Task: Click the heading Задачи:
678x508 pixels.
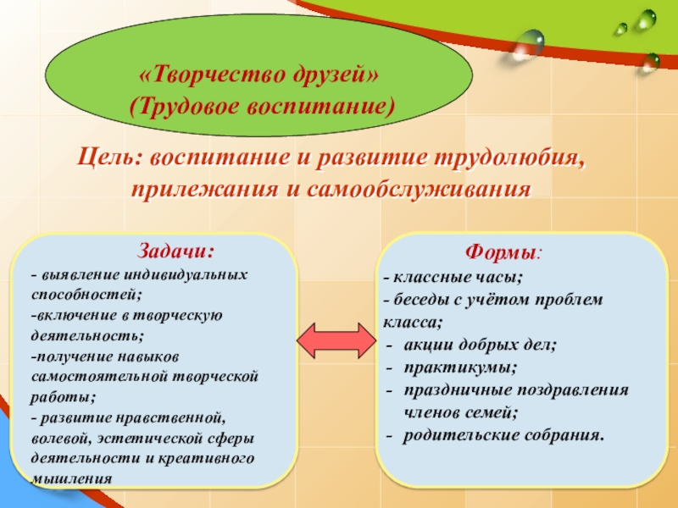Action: click(176, 251)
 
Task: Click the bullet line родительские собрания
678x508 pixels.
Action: click(504, 435)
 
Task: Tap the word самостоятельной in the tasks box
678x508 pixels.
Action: click(83, 376)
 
